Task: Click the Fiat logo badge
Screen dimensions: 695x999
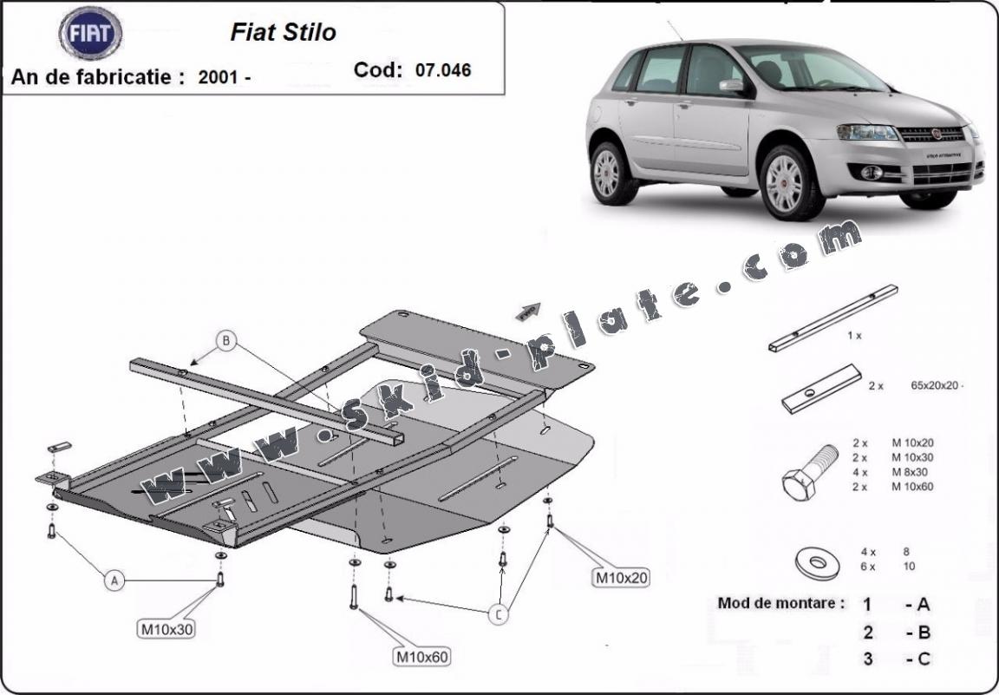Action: coord(90,33)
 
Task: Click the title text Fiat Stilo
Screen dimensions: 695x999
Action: coord(283,33)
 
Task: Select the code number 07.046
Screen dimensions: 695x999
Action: coord(443,70)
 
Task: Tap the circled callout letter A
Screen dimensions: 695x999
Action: coord(114,580)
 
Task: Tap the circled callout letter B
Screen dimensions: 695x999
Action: coord(226,341)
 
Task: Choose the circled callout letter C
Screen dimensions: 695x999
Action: coord(498,615)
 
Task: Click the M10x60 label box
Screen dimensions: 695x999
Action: coord(422,657)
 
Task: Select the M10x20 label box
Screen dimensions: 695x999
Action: coord(621,576)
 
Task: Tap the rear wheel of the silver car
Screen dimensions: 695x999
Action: coord(611,173)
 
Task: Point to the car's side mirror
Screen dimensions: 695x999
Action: coord(731,85)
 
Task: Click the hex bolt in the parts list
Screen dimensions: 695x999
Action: coord(809,472)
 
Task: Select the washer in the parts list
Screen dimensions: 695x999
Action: coord(816,563)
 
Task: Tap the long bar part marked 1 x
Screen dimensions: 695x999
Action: coord(832,318)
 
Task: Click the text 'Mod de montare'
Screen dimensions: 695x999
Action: coord(780,603)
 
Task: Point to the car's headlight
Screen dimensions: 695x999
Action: coord(867,133)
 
